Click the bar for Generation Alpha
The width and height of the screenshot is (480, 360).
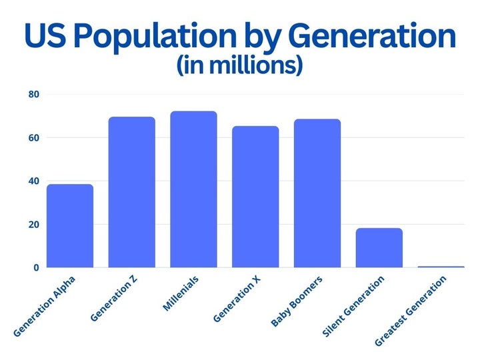pyautogui.click(x=70, y=226)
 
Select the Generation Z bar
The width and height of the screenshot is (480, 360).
pyautogui.click(x=132, y=193)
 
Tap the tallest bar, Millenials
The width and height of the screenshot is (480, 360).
pyautogui.click(x=193, y=189)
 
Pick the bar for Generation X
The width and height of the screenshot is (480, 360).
pyautogui.click(x=255, y=197)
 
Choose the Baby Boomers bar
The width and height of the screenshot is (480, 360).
pyautogui.click(x=317, y=193)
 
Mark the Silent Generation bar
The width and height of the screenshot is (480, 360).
pyautogui.click(x=379, y=248)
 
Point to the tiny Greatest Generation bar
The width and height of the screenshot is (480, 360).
pyautogui.click(x=441, y=267)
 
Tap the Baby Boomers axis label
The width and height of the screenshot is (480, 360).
pyautogui.click(x=298, y=301)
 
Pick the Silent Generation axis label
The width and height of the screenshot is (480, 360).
pyautogui.click(x=353, y=307)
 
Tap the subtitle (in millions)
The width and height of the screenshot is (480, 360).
pyautogui.click(x=240, y=66)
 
